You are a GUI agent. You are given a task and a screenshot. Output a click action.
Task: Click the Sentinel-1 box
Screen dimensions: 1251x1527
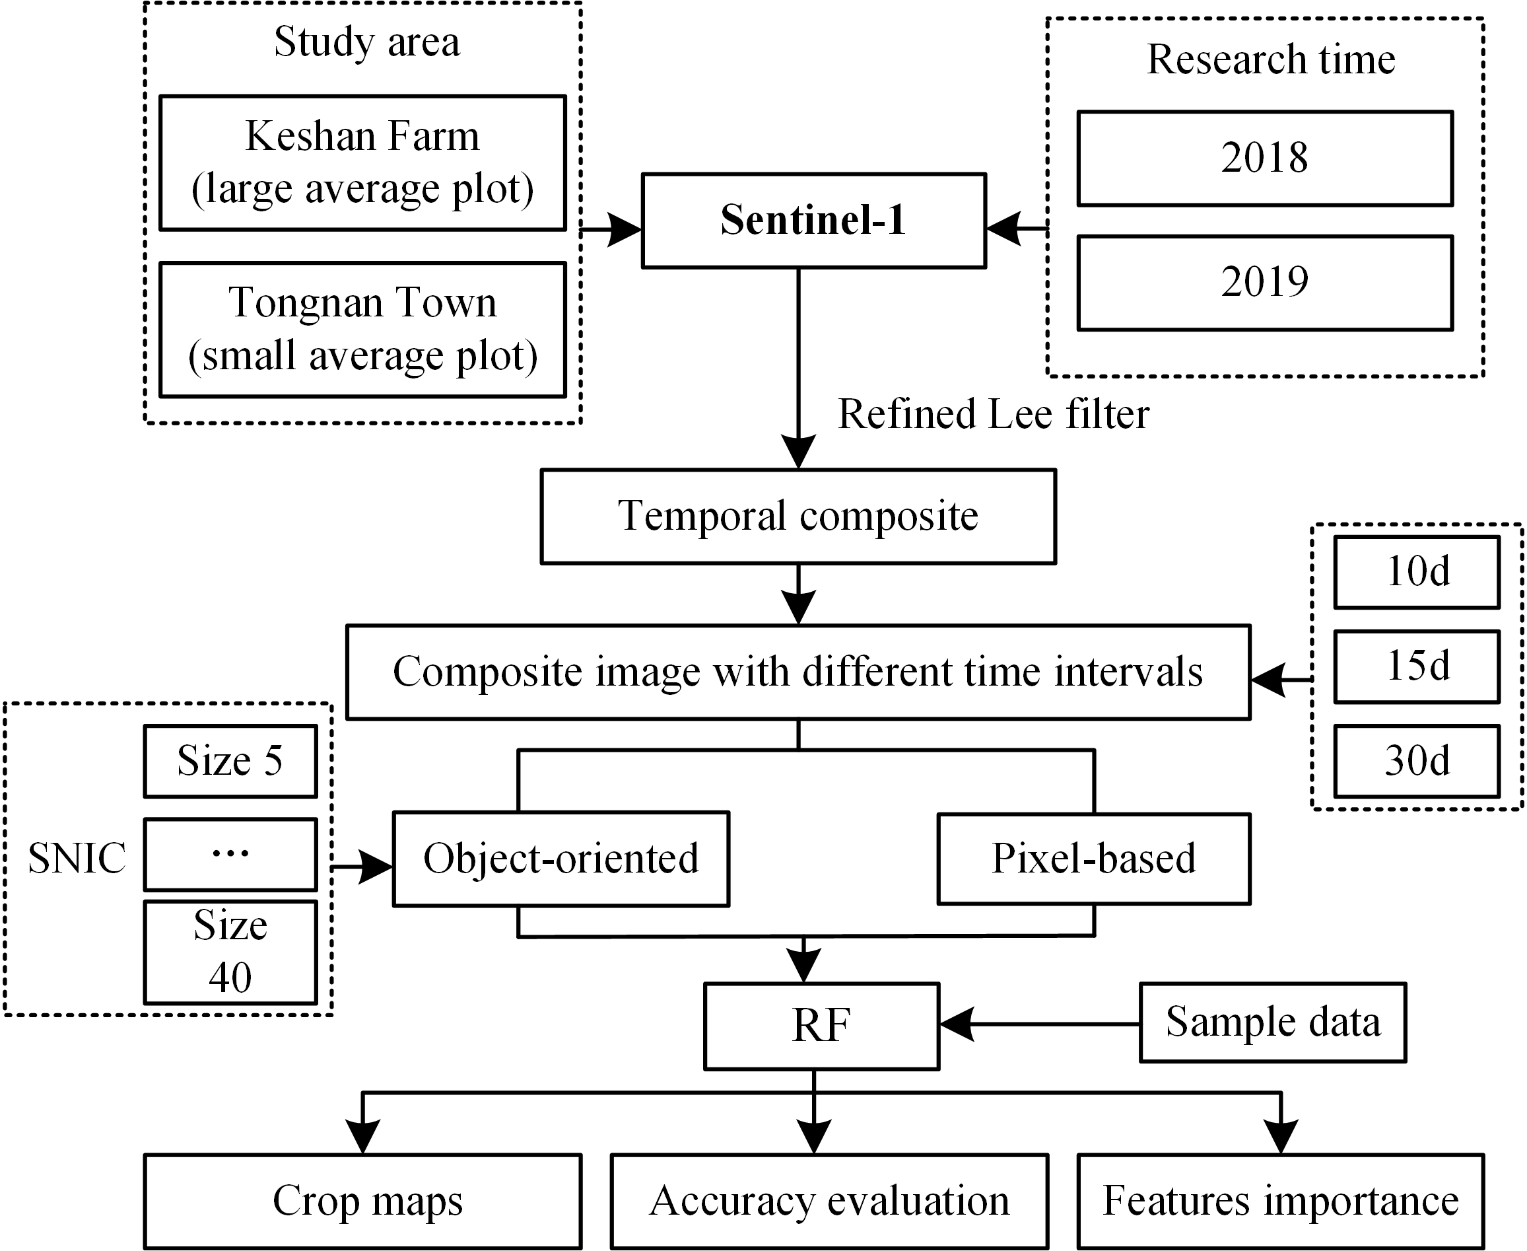coord(813,221)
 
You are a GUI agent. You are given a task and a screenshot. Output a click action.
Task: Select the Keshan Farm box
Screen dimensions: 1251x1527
coord(362,163)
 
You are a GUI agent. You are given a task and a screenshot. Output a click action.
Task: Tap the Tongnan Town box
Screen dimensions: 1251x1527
coord(362,330)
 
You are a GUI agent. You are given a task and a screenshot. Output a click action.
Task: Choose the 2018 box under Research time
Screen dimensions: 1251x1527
coord(1264,158)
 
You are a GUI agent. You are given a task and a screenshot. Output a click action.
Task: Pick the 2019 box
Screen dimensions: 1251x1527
coord(1264,283)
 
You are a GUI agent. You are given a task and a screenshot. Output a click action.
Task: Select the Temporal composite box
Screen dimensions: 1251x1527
coord(798,516)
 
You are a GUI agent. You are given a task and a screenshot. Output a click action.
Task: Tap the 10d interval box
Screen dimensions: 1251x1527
coord(1416,571)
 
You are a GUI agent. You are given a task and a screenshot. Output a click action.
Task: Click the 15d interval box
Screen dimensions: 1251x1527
coord(1416,666)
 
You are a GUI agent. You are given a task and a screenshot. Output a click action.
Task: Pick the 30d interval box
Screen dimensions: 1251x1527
coord(1416,761)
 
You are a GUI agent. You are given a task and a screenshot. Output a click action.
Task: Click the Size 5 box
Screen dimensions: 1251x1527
coord(230,761)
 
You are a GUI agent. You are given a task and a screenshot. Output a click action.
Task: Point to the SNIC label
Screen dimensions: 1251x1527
coord(77,858)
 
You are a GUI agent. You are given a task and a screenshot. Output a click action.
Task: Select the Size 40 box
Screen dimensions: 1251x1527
coord(230,951)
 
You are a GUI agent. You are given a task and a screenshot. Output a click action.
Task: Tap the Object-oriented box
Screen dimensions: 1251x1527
coord(560,858)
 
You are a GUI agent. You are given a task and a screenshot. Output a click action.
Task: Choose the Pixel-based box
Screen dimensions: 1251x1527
coord(1093,858)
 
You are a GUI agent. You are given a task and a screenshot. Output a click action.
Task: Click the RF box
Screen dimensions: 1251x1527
coord(821,1026)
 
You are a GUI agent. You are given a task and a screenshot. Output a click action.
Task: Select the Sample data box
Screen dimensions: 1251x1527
coord(1272,1022)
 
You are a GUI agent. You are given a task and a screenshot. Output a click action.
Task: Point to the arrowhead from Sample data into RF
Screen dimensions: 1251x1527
coord(955,1024)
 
